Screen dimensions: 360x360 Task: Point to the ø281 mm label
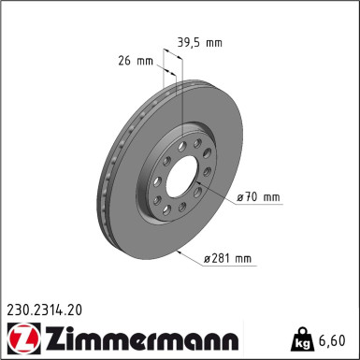coord(230,258)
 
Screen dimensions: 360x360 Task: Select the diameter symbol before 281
coord(208,258)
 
